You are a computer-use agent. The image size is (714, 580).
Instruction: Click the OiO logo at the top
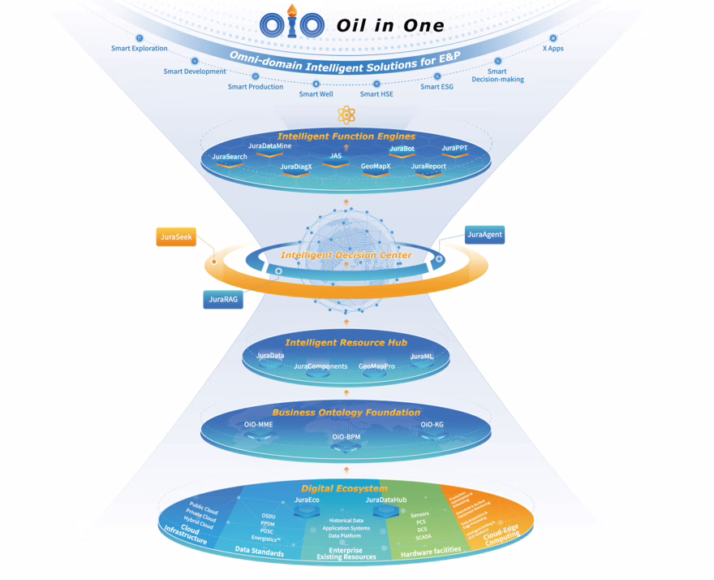pos(292,24)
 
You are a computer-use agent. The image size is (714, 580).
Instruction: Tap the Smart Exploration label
pos(140,49)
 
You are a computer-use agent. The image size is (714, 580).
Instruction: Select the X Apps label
pos(553,49)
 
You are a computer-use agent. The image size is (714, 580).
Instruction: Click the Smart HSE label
pos(376,94)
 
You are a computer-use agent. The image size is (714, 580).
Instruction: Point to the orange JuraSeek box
pos(176,237)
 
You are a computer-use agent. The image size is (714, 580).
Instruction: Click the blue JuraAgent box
pos(484,235)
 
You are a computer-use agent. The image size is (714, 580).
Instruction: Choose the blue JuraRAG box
pos(223,300)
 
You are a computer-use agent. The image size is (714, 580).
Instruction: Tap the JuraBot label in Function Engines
pos(402,149)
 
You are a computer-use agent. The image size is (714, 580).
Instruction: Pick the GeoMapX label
pos(376,167)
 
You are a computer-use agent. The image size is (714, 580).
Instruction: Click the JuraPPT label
pos(454,149)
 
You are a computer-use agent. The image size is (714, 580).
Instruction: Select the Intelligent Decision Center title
pos(346,255)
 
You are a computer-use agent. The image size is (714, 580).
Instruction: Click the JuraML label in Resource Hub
pos(422,357)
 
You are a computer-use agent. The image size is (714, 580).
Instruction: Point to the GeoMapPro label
pos(376,366)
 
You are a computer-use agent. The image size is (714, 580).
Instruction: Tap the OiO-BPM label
pos(346,437)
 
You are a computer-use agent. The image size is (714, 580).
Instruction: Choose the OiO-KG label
pos(432,425)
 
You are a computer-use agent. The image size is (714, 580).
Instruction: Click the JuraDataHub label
pos(386,500)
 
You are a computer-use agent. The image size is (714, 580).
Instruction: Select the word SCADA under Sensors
pos(424,537)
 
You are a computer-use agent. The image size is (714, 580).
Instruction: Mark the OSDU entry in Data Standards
pos(268,516)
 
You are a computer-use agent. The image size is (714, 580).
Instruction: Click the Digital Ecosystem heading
pos(344,488)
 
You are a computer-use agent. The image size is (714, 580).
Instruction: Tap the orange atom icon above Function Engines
pos(346,115)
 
